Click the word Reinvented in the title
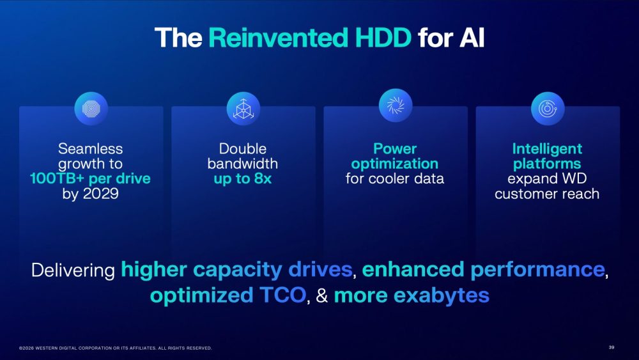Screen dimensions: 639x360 [278, 38]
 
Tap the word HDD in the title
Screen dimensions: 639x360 [383, 38]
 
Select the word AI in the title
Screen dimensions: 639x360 [472, 38]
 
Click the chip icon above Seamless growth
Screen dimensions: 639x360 [91, 109]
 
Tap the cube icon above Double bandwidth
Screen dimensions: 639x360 [243, 109]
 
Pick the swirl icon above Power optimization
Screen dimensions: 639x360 [396, 106]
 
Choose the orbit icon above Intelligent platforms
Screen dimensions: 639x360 [548, 109]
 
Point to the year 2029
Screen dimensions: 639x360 [101, 193]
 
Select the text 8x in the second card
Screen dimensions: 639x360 [263, 178]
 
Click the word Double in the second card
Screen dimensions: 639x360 [242, 148]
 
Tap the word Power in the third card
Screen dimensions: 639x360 [395, 148]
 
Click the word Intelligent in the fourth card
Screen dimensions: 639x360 [547, 149]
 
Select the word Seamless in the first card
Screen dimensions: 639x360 [91, 148]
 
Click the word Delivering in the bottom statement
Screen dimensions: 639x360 [73, 270]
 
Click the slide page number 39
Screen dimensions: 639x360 [612, 347]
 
